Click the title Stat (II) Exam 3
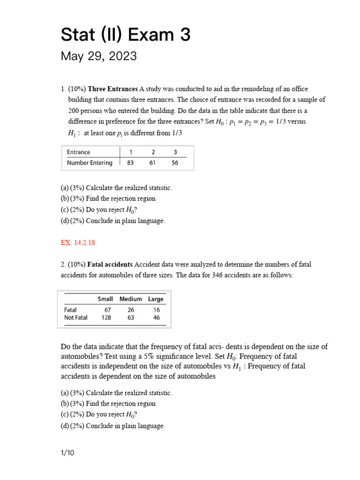coord(126,35)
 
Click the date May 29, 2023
coord(99,57)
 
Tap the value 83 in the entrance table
coord(130,163)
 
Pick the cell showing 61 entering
coord(153,163)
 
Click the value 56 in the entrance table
coord(175,163)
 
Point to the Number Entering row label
coord(90,163)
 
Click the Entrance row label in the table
coord(79,152)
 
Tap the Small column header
coord(105,299)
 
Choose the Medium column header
coord(130,299)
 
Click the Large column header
coord(156,299)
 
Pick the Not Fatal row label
coord(76,317)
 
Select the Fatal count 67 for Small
coord(107,310)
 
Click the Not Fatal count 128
coord(106,317)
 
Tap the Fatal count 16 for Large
coord(157,310)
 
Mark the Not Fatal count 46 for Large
coord(157,317)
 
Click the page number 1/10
coord(67,453)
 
